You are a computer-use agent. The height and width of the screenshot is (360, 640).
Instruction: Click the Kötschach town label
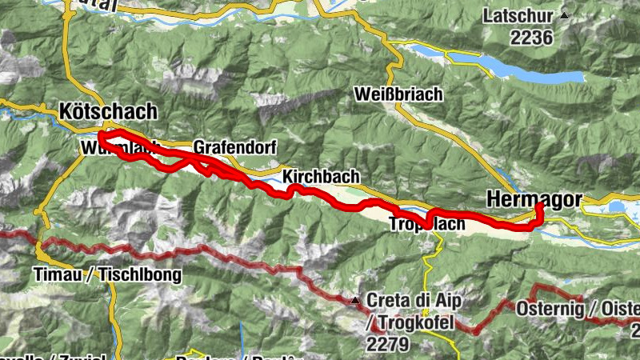tap(108, 111)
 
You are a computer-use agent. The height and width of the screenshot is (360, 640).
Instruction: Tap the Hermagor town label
tap(534, 198)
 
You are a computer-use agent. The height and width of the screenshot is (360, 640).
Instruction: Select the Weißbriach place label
tap(397, 94)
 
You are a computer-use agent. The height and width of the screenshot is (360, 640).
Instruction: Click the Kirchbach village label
tap(320, 177)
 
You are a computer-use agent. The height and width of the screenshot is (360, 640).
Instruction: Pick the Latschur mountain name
tap(521, 15)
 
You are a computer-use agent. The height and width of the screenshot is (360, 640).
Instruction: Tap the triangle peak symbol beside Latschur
tap(565, 15)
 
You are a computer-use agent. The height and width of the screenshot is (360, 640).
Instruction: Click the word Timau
tap(59, 274)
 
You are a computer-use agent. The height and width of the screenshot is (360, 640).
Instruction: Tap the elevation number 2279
tap(388, 344)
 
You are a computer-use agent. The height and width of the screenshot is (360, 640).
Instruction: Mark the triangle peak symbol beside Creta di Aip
tap(354, 301)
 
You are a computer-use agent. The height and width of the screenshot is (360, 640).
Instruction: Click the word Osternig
tap(548, 308)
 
